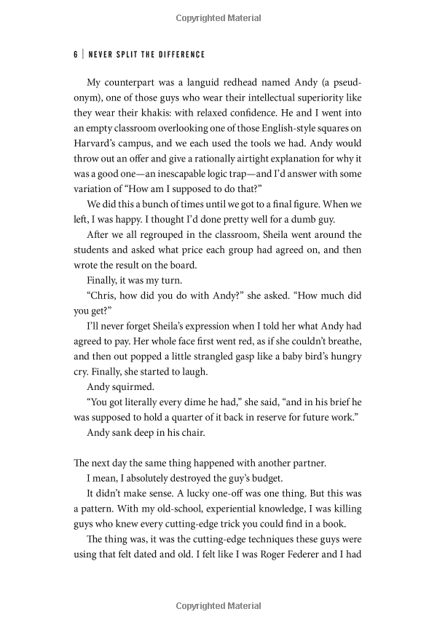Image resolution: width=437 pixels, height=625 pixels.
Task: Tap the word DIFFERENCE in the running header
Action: click(179, 55)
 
